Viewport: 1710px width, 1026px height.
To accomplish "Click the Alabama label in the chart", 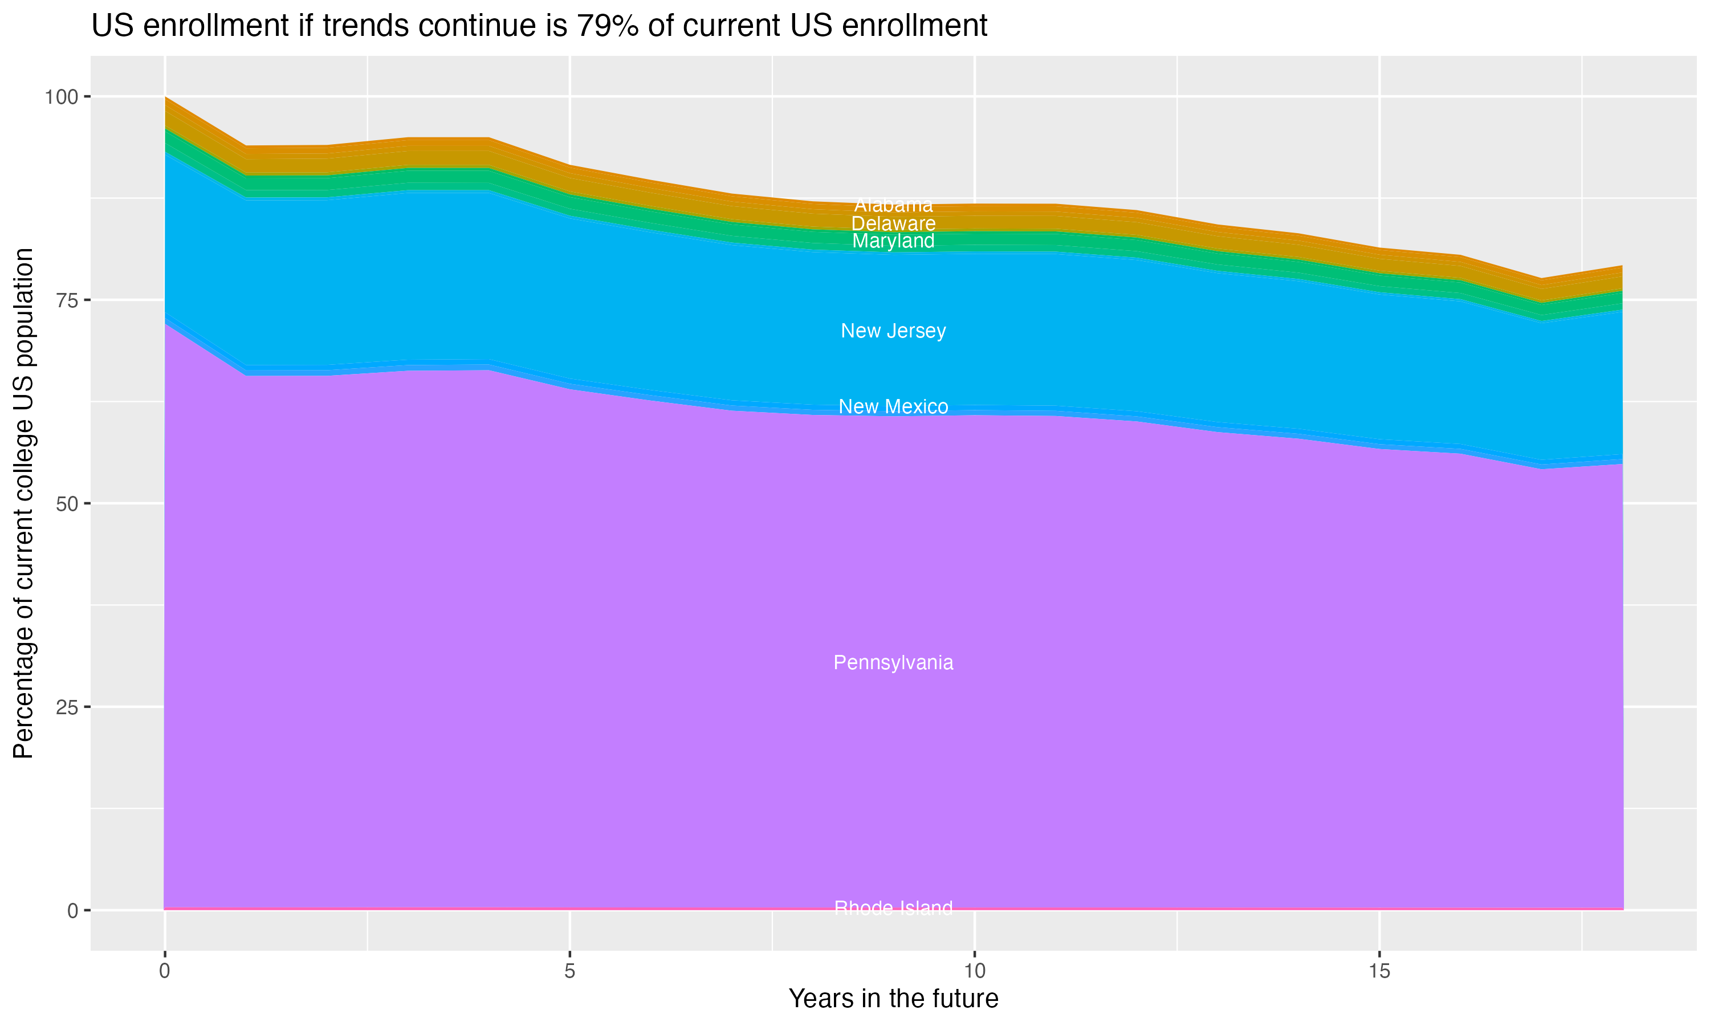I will (893, 205).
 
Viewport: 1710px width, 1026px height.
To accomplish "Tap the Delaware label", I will (893, 223).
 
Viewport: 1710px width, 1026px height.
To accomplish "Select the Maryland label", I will (893, 241).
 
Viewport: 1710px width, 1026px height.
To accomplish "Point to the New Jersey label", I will (893, 331).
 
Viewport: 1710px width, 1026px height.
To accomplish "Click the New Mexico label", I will (893, 406).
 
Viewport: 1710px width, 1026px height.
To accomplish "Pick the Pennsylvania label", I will (893, 662).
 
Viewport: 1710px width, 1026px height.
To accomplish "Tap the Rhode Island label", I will (893, 908).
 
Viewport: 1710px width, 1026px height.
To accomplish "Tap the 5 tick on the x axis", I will (569, 971).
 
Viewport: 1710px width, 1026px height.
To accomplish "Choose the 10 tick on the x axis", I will (974, 971).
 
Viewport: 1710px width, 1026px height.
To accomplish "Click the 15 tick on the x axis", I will (1379, 971).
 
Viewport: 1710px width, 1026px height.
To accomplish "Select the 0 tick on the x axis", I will (165, 971).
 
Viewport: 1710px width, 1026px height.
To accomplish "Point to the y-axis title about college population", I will (23, 503).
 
